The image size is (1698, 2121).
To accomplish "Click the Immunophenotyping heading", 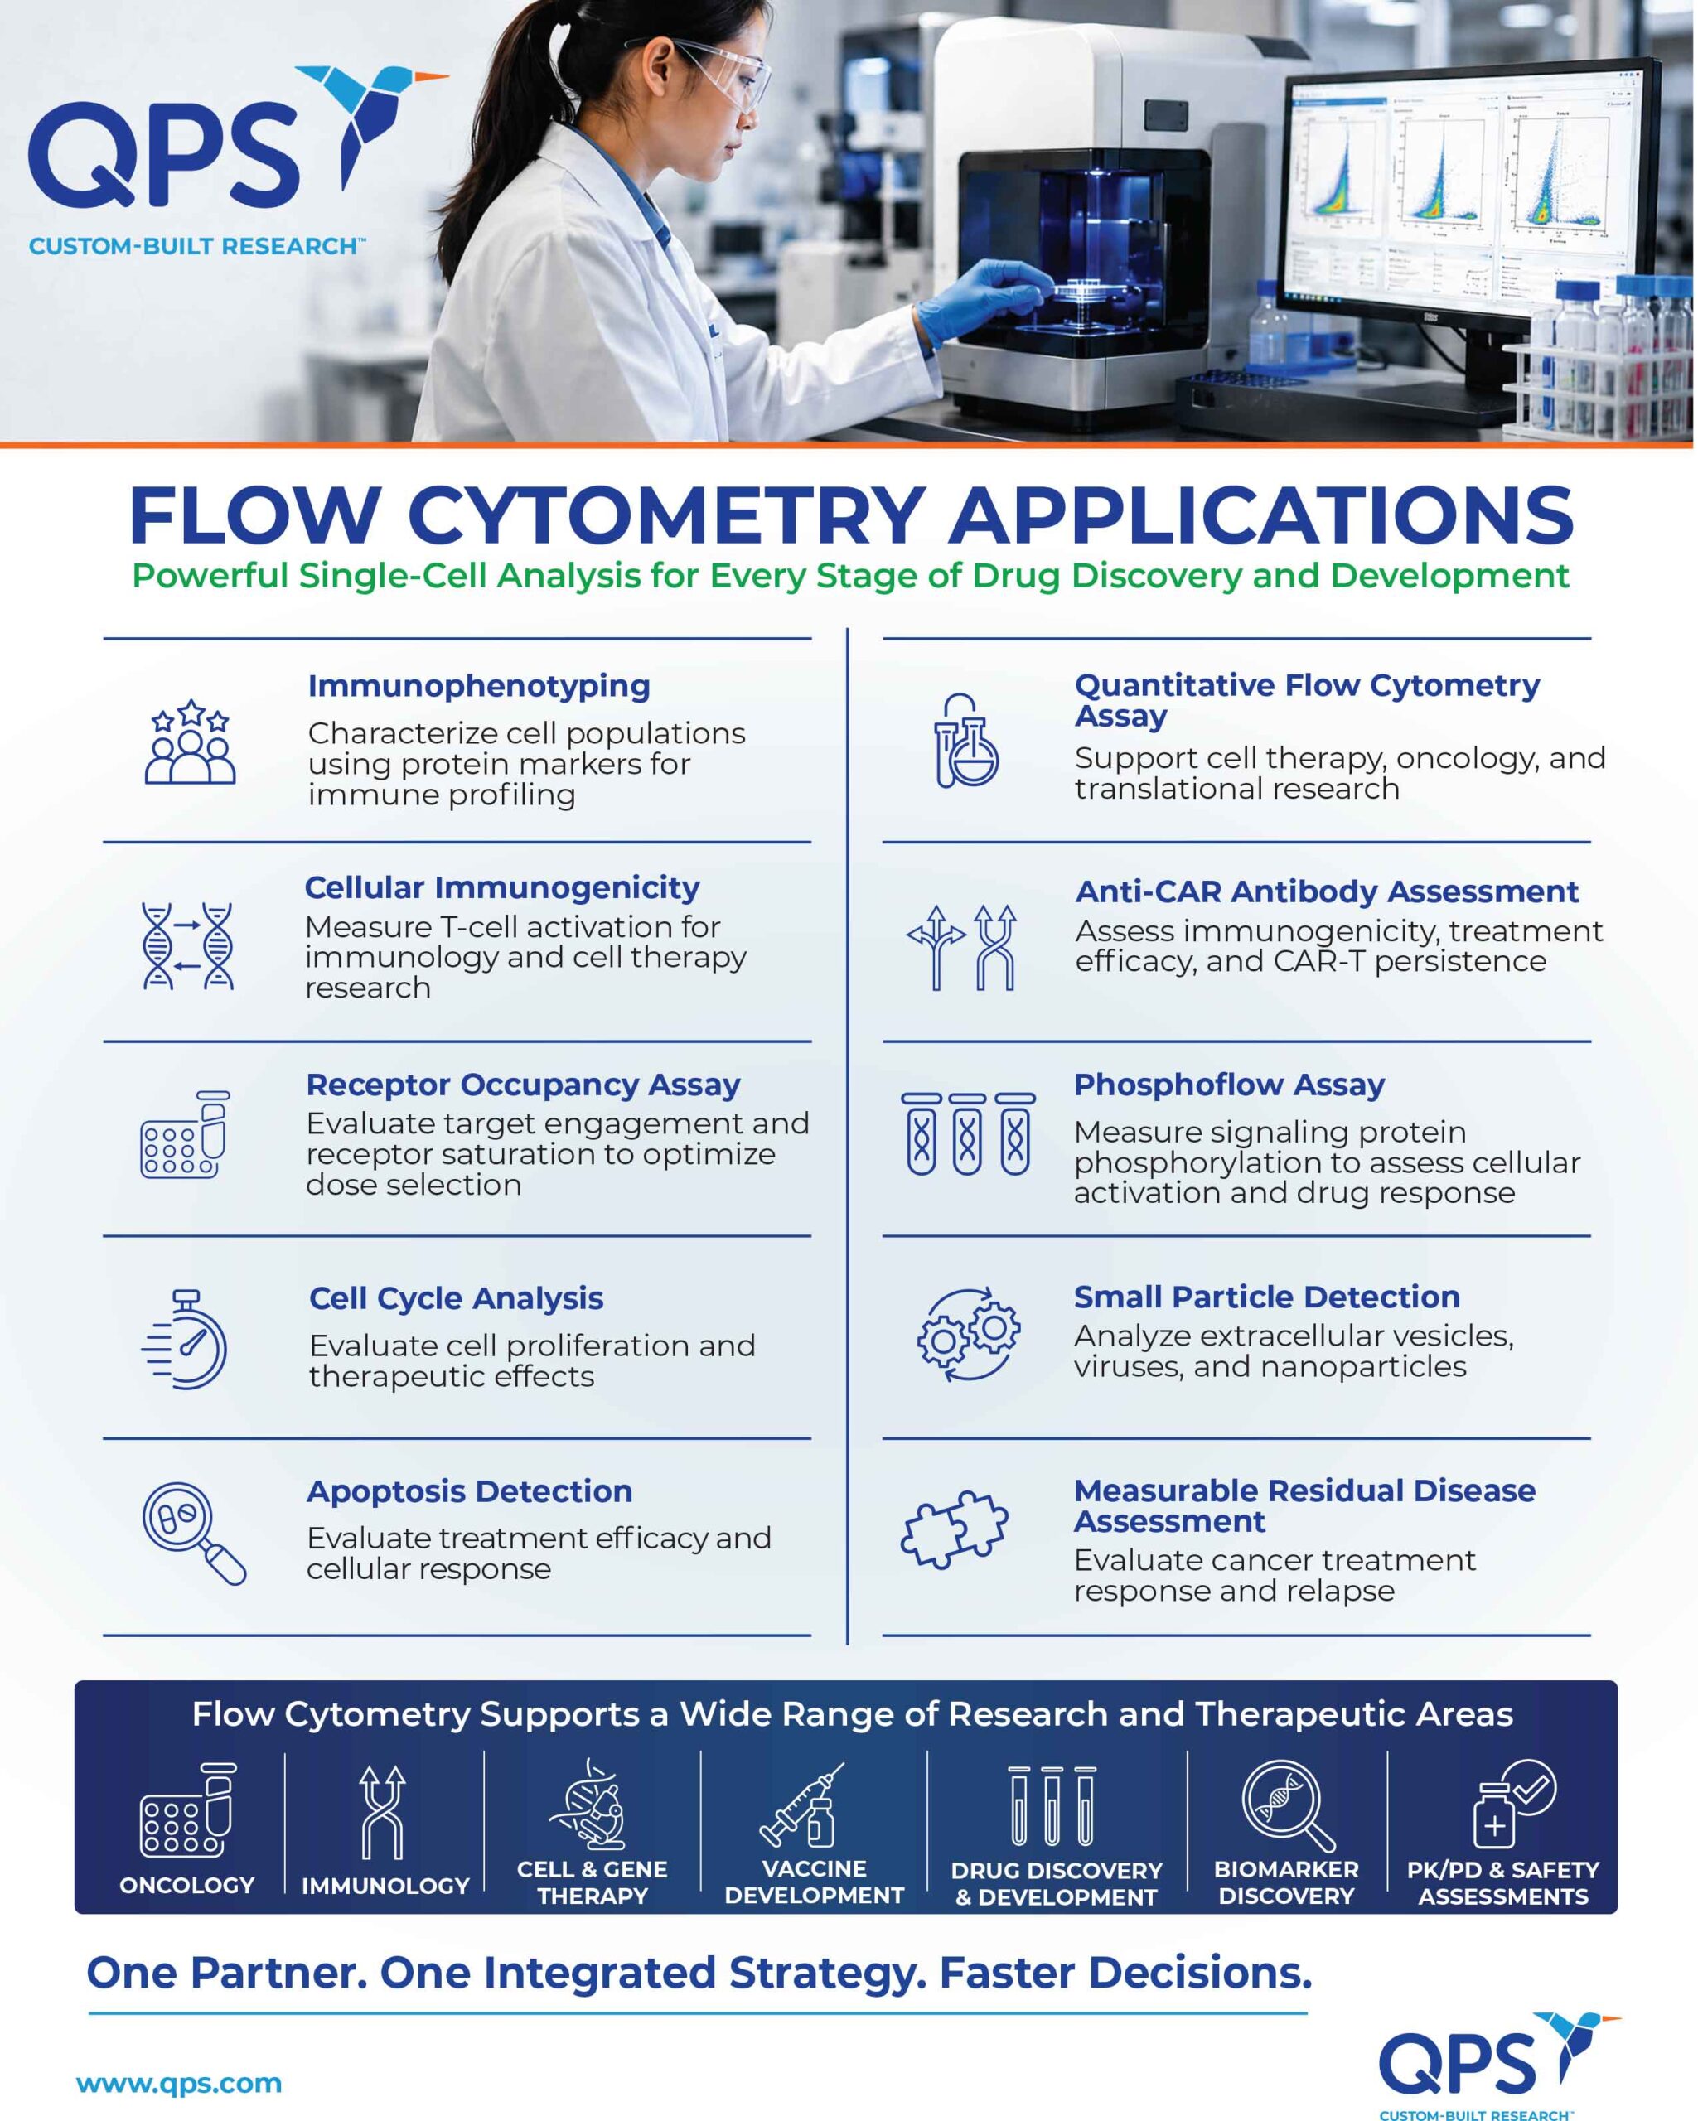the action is click(x=479, y=687).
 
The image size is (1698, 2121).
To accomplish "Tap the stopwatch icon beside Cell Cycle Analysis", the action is click(x=185, y=1339).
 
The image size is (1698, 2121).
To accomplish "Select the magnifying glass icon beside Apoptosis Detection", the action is click(x=194, y=1533).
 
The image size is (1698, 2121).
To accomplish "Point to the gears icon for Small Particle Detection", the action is click(x=968, y=1334).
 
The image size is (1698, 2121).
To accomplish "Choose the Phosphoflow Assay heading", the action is click(x=1229, y=1084).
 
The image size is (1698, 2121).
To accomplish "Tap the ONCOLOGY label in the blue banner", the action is click(x=187, y=1885).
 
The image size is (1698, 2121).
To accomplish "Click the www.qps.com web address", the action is click(x=179, y=2083).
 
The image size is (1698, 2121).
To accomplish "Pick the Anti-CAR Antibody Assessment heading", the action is click(x=1327, y=891).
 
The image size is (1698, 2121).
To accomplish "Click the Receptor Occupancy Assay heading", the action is click(x=524, y=1084).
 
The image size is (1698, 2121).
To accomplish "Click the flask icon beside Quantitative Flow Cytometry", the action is click(x=966, y=740).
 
